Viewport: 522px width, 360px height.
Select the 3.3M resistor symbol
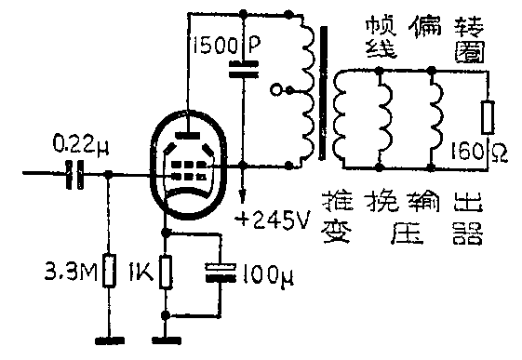tap(109, 272)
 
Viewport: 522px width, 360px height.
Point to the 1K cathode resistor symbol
tap(167, 273)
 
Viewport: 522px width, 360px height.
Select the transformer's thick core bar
tap(325, 93)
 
